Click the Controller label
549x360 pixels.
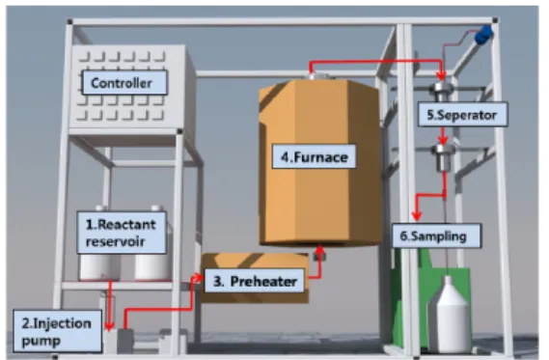[124, 83]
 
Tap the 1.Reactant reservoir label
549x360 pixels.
[122, 233]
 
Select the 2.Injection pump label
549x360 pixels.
[58, 331]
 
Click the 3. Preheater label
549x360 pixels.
[254, 281]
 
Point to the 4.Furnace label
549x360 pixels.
[315, 156]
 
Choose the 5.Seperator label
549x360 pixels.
[462, 115]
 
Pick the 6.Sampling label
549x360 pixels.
[436, 235]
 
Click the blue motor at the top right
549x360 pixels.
[483, 35]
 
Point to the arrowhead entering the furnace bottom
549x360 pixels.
[319, 250]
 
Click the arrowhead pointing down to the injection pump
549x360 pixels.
[110, 326]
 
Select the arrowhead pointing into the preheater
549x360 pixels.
[198, 278]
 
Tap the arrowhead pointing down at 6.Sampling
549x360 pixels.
[416, 215]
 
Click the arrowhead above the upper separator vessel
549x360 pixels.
[442, 76]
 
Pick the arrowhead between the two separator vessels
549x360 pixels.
[443, 140]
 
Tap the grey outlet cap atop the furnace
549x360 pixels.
[318, 76]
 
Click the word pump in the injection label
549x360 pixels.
[41, 341]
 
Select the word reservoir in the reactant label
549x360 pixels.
[115, 241]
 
